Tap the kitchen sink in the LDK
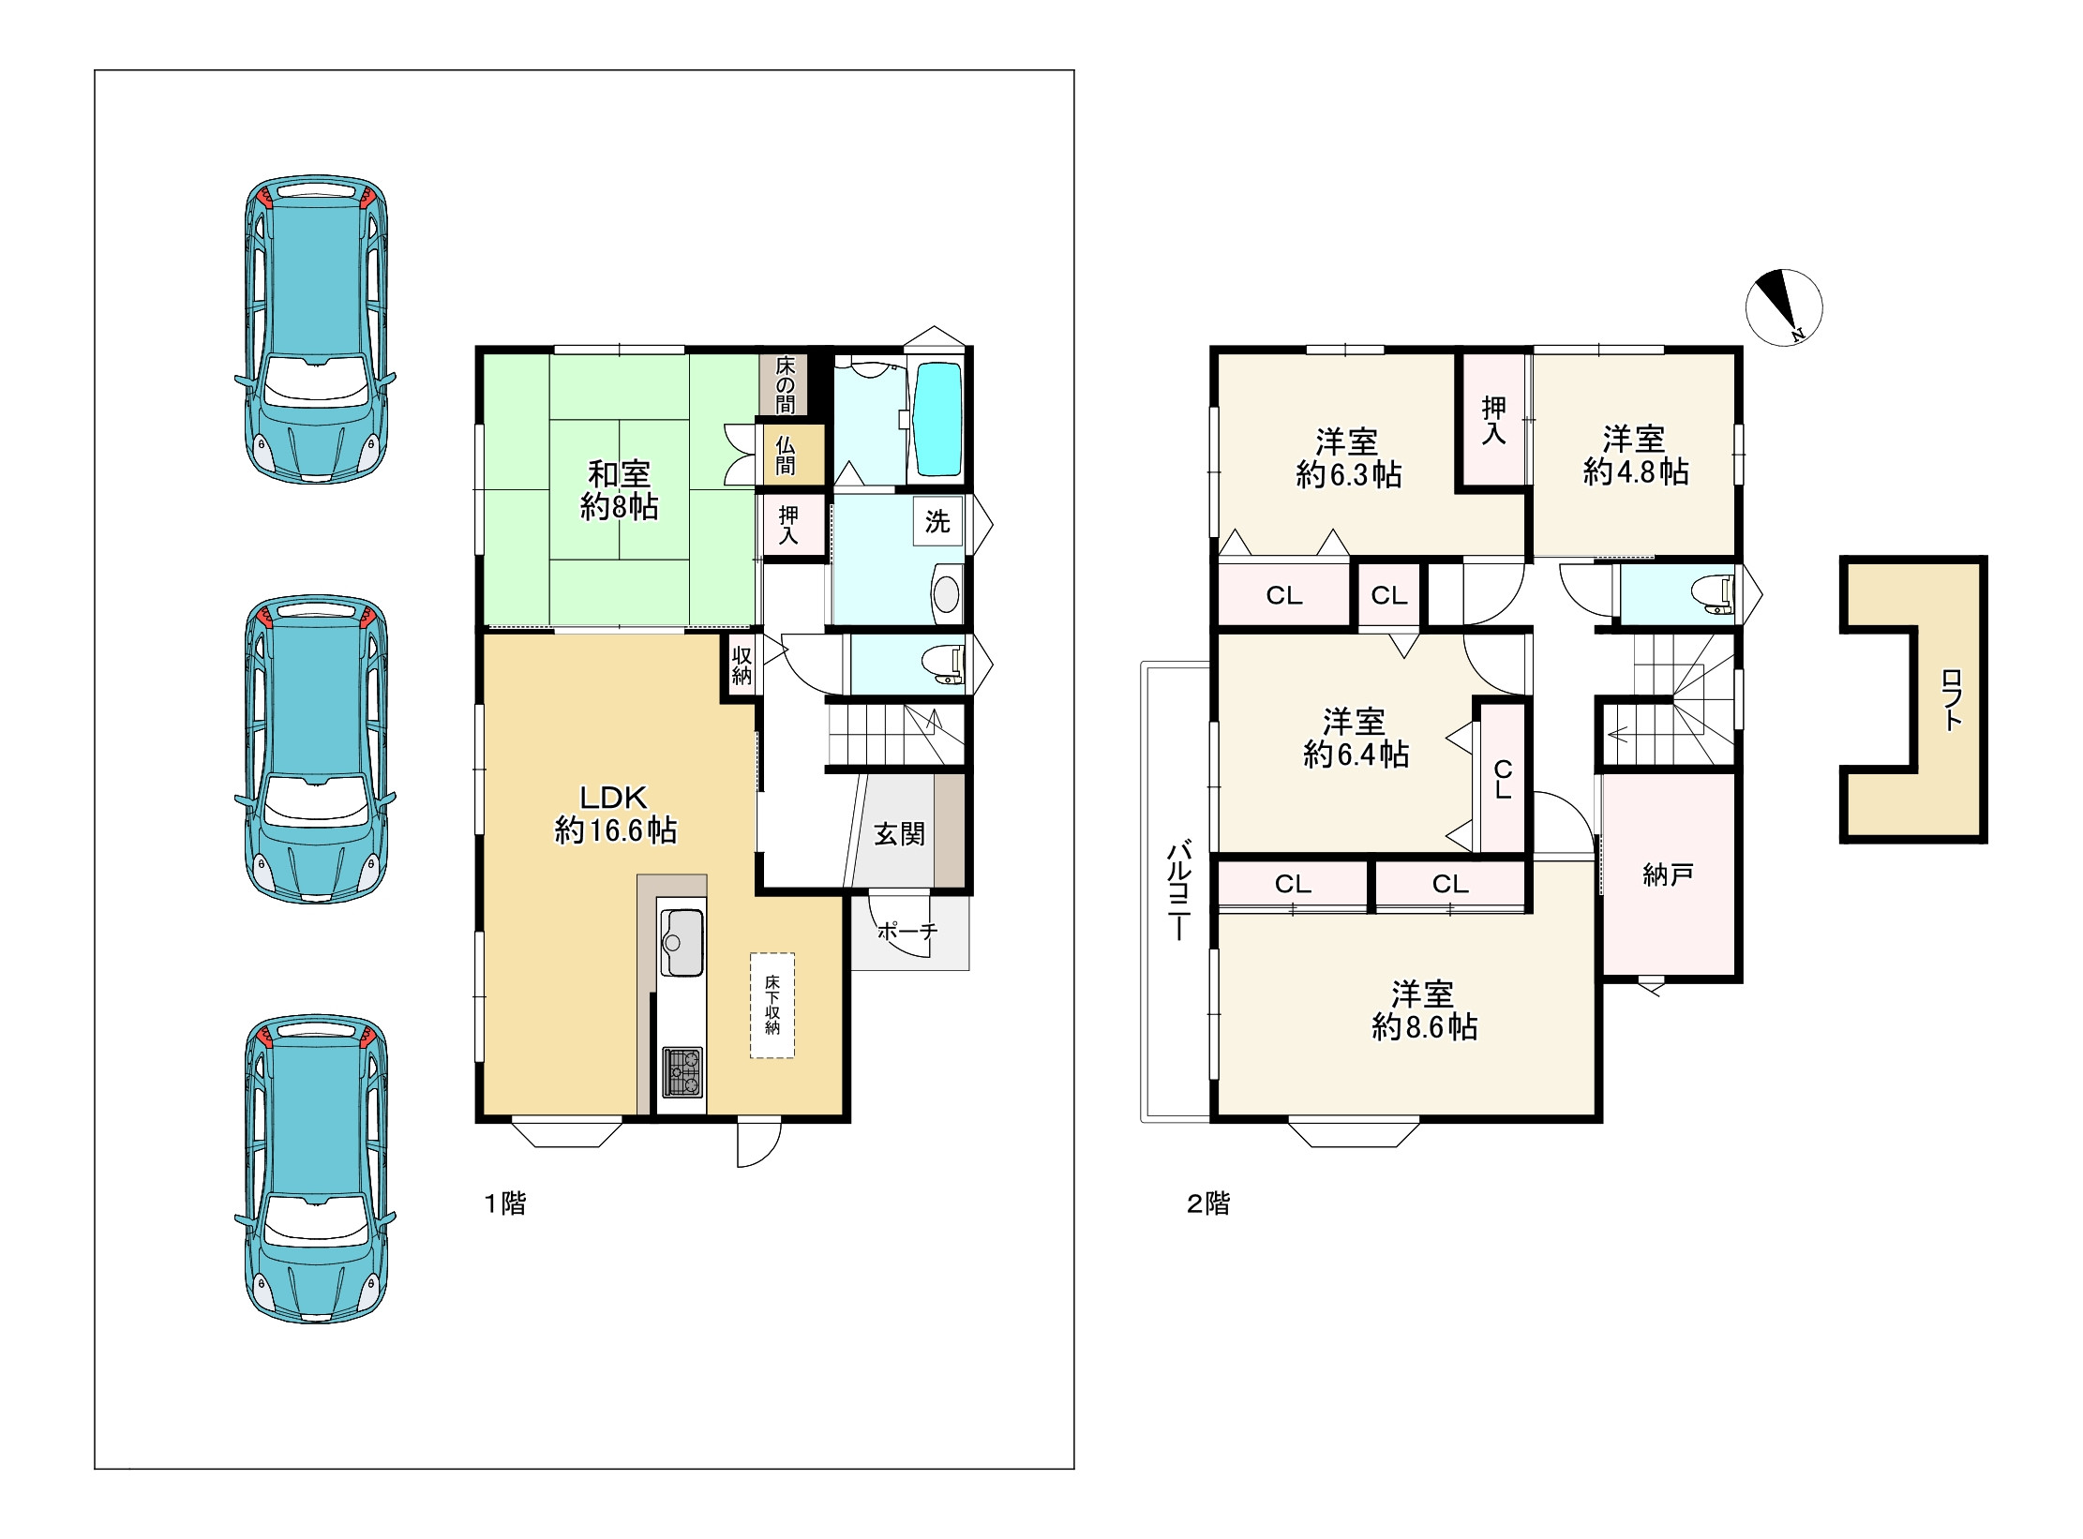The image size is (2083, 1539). (682, 941)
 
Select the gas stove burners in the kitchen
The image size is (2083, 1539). (682, 1071)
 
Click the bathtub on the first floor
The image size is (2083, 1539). (937, 419)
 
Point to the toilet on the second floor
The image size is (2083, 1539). (1712, 594)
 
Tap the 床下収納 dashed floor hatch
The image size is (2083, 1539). (772, 1006)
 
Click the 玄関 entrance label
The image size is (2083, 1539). (899, 833)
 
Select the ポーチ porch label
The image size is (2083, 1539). (907, 931)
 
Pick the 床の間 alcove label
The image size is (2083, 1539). (786, 384)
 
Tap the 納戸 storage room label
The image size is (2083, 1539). (1668, 874)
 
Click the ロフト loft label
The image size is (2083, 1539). (1951, 699)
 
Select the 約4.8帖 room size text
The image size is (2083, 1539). (1636, 471)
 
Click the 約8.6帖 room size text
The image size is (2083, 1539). (1424, 1026)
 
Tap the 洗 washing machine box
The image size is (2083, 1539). (938, 521)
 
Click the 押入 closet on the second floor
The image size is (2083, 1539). (1494, 420)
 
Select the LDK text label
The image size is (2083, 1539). (614, 798)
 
